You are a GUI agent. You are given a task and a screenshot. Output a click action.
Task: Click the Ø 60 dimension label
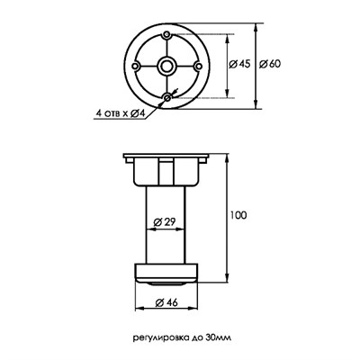click(x=270, y=64)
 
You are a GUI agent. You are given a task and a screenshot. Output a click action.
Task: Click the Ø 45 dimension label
click(x=239, y=64)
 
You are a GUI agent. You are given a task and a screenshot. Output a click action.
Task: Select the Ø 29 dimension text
click(x=165, y=222)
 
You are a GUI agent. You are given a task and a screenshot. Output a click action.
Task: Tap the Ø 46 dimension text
click(x=166, y=302)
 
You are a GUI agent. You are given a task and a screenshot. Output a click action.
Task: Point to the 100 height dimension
click(x=238, y=215)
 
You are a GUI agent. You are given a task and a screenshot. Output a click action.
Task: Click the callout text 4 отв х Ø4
click(x=121, y=113)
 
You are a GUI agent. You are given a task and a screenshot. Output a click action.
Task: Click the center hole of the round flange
click(x=166, y=66)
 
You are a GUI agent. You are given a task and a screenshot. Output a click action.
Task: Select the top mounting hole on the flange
click(x=166, y=34)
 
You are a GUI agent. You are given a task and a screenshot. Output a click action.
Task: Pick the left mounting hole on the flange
click(x=135, y=66)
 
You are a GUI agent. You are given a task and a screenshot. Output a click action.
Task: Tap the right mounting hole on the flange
click(x=198, y=66)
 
